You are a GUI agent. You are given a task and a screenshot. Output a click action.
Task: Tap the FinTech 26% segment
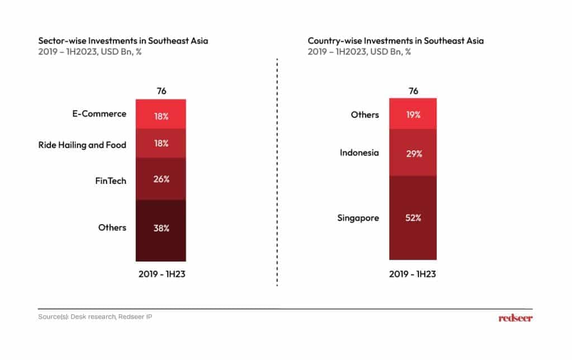tap(161, 179)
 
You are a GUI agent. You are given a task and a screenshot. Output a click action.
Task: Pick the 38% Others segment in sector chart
tap(161, 230)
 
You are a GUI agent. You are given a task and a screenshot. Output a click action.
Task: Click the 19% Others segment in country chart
tap(413, 114)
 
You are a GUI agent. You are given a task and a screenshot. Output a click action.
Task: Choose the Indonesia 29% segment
tap(413, 153)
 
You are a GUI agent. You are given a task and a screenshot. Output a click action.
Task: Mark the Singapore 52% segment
tap(413, 217)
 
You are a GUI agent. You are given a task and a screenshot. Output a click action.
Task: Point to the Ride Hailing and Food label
tap(82, 145)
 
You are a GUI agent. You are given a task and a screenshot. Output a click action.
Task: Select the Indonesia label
tap(359, 152)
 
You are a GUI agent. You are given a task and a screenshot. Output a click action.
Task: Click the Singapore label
tap(357, 217)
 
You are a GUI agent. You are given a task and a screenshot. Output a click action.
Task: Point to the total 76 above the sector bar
tap(161, 91)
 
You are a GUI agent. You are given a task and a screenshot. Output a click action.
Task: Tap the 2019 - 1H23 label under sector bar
tap(161, 274)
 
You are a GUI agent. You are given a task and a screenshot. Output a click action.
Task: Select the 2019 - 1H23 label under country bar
tap(413, 274)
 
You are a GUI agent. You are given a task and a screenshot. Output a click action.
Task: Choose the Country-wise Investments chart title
tap(395, 41)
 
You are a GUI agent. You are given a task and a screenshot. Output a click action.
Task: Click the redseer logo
tap(515, 318)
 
